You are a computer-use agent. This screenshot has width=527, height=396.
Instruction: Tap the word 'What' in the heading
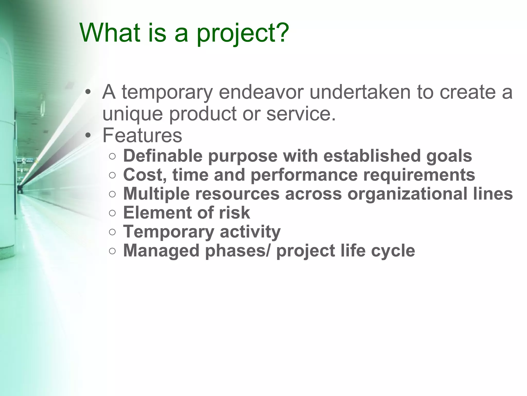pyautogui.click(x=110, y=33)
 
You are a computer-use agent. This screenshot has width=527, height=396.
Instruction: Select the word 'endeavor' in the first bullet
pyautogui.click(x=261, y=92)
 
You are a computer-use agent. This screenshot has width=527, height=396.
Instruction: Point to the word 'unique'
pyautogui.click(x=133, y=114)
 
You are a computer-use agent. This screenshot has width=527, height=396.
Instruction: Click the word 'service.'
pyautogui.click(x=301, y=113)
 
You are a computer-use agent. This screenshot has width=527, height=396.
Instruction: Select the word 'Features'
pyautogui.click(x=142, y=135)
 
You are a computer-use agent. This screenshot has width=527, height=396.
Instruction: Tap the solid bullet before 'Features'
pyautogui.click(x=88, y=136)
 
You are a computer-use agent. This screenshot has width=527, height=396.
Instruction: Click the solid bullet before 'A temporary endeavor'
pyautogui.click(x=88, y=92)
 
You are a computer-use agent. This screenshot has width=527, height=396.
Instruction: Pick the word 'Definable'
pyautogui.click(x=163, y=156)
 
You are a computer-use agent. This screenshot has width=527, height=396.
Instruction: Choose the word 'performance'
pyautogui.click(x=304, y=175)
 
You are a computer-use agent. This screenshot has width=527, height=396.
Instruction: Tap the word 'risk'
pyautogui.click(x=234, y=213)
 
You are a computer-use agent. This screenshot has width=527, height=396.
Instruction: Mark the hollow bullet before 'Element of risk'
pyautogui.click(x=112, y=213)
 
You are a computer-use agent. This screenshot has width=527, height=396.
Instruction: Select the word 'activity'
pyautogui.click(x=250, y=232)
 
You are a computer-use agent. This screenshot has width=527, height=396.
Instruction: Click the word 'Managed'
pyautogui.click(x=161, y=251)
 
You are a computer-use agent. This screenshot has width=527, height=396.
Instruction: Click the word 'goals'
pyautogui.click(x=449, y=156)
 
